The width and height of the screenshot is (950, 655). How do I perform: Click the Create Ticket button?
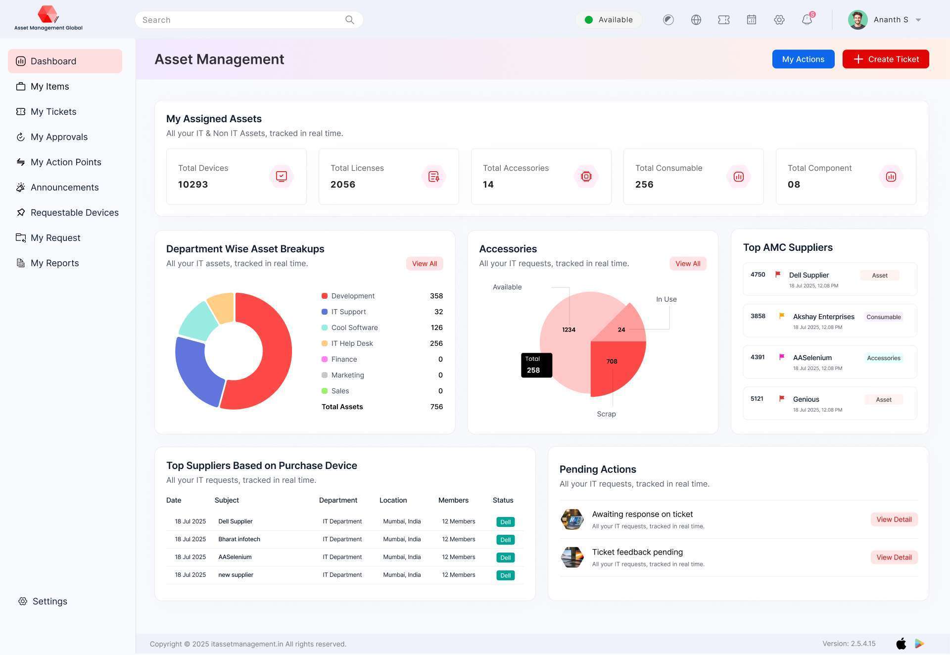click(x=885, y=59)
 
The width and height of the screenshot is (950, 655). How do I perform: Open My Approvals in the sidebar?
click(x=58, y=137)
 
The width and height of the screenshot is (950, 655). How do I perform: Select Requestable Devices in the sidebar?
click(x=74, y=213)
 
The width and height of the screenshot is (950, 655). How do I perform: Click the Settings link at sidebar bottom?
click(x=49, y=601)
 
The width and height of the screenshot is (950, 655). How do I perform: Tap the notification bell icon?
click(x=807, y=20)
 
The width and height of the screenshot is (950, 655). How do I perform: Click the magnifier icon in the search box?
click(x=349, y=20)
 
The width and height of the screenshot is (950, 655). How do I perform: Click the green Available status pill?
click(x=609, y=20)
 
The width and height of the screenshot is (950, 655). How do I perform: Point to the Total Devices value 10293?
click(x=193, y=185)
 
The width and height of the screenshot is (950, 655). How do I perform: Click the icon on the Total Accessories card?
click(x=586, y=177)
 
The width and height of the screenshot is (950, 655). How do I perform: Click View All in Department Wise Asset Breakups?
click(x=424, y=264)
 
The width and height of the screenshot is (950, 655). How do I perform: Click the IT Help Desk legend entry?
click(x=352, y=343)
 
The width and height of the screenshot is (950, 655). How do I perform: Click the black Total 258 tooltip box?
click(x=536, y=365)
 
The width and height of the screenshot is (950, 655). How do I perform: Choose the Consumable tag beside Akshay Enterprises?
click(x=883, y=317)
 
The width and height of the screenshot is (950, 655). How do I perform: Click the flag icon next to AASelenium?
click(x=782, y=357)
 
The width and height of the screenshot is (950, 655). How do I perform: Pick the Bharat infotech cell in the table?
click(x=239, y=539)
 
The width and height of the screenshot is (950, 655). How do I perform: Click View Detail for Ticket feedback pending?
click(x=894, y=558)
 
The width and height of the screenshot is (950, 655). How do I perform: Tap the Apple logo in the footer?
click(x=901, y=644)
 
